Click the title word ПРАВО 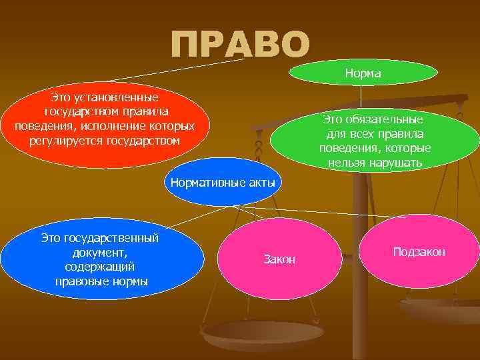(240, 44)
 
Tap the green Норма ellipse (363, 73)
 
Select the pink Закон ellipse (279, 259)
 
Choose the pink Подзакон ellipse (419, 251)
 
